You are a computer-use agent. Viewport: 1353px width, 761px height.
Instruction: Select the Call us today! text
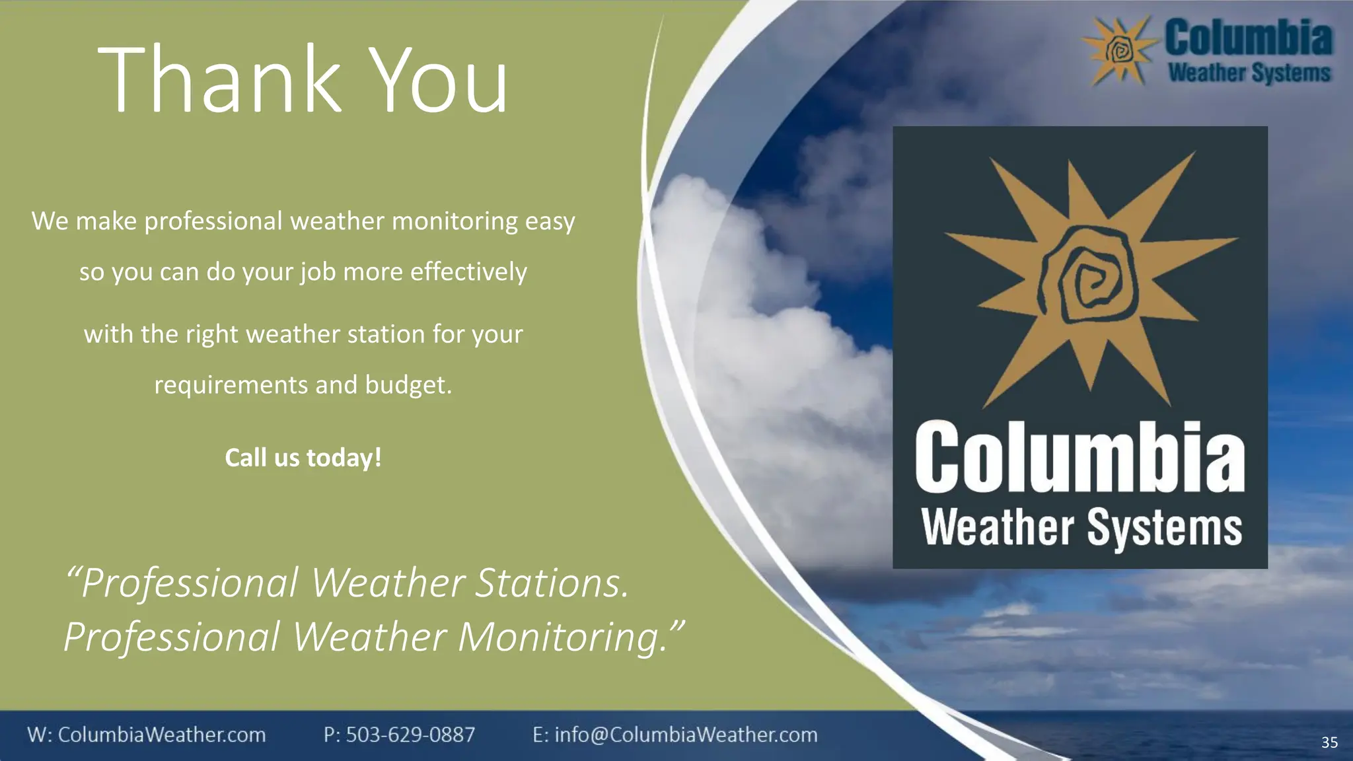click(303, 458)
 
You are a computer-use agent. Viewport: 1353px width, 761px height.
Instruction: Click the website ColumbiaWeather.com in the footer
click(162, 735)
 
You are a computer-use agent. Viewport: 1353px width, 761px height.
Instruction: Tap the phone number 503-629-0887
click(410, 735)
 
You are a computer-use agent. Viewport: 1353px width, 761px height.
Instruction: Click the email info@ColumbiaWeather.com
click(686, 735)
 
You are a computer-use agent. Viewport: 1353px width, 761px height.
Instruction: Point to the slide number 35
click(1329, 743)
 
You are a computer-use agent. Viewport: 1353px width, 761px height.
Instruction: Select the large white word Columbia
click(1079, 457)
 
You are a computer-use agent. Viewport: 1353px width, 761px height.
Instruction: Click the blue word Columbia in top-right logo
click(1248, 38)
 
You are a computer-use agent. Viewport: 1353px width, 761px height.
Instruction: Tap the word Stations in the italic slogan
click(552, 583)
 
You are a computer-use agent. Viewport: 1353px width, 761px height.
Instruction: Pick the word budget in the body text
click(408, 385)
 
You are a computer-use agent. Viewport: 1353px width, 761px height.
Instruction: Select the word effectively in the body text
click(468, 272)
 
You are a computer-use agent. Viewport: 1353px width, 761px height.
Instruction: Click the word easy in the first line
click(550, 221)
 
